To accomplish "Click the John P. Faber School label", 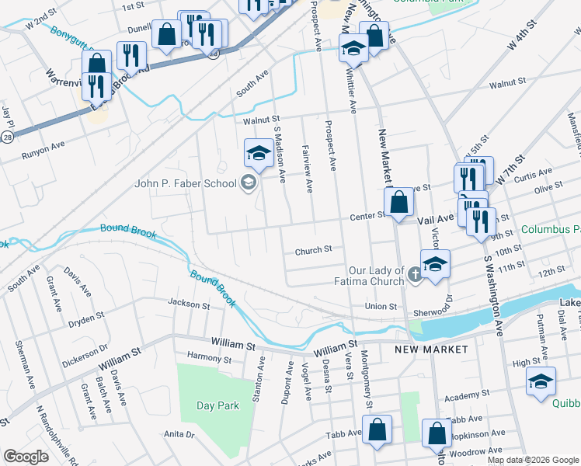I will coord(186,184).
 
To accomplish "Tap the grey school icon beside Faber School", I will coord(249,183).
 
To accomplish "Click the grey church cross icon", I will coord(416,273).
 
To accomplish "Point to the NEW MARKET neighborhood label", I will coord(431,349).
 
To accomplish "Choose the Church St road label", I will coord(313,250).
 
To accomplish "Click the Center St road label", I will coord(367,217).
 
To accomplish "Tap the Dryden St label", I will coord(86,317).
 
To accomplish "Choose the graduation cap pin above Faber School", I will coord(259,153).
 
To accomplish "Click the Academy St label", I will coord(464,397).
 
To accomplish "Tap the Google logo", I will coord(26,457).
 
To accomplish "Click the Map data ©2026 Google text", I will coord(532,460).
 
